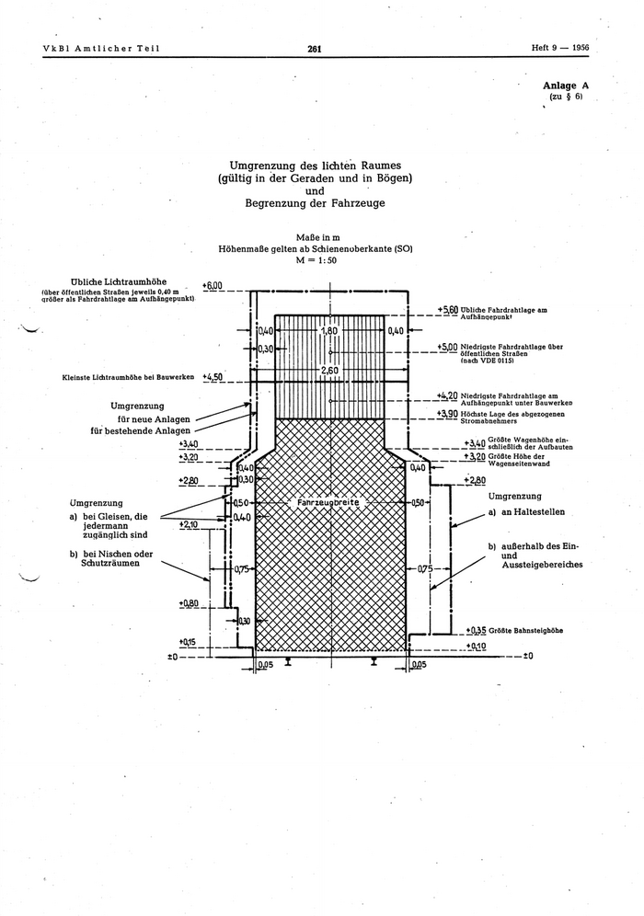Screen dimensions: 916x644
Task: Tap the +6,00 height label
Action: click(213, 286)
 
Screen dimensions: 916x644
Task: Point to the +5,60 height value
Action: click(447, 310)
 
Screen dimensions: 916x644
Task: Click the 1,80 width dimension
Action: click(330, 330)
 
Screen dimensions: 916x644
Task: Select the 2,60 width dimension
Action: click(330, 371)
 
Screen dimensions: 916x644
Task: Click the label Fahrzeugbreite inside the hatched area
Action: click(329, 503)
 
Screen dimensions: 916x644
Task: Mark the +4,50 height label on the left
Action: click(213, 377)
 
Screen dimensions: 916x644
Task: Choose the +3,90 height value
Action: click(447, 415)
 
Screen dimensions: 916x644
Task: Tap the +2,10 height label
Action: click(189, 524)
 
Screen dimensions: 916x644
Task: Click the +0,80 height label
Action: click(189, 603)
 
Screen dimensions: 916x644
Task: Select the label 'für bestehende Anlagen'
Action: click(141, 430)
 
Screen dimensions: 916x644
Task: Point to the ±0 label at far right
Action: click(526, 657)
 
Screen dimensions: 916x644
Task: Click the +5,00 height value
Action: click(447, 347)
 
